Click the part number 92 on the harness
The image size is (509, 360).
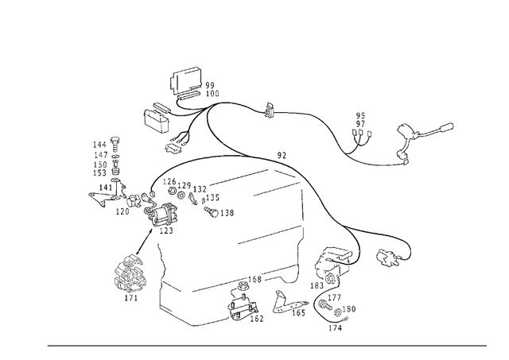(x=282, y=155)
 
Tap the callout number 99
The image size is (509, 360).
(x=210, y=85)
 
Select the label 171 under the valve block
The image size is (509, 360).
(x=131, y=297)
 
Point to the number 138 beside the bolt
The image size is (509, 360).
(x=227, y=213)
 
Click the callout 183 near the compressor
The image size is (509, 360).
(x=317, y=285)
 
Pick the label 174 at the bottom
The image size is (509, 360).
(x=336, y=328)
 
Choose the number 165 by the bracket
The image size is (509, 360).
(x=299, y=312)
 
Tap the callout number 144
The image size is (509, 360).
(x=100, y=145)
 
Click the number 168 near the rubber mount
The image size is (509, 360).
(x=254, y=279)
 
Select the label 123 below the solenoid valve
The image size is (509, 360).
(x=166, y=230)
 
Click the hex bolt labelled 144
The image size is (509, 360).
(x=115, y=144)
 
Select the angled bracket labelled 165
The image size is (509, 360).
(x=288, y=303)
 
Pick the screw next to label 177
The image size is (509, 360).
(x=324, y=304)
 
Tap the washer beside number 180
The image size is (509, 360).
(x=337, y=312)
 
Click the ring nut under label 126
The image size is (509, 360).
(x=173, y=191)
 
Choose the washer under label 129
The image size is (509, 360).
(x=181, y=195)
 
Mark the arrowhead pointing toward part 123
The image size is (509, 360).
(x=150, y=231)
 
